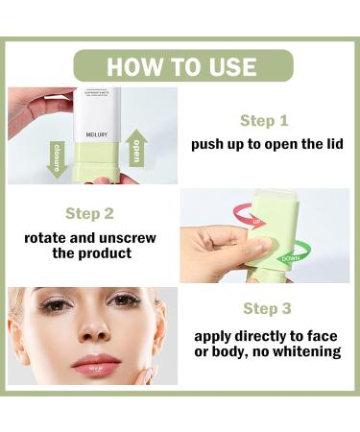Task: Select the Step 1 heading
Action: click(x=264, y=121)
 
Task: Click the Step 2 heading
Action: click(x=89, y=213)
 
